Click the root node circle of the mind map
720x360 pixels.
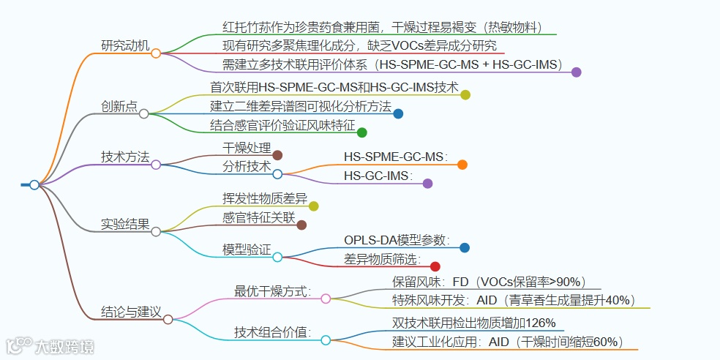click(34, 185)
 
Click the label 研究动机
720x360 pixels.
click(124, 45)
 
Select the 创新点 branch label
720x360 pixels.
click(119, 106)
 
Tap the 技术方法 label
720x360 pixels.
click(124, 157)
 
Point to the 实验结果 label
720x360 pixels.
click(124, 224)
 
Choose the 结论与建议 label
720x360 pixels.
click(130, 312)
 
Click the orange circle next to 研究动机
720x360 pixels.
click(156, 53)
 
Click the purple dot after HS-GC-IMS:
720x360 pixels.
click(427, 184)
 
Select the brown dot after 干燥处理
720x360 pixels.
click(277, 154)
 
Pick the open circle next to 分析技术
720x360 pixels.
click(277, 174)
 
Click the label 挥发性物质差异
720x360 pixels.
click(265, 198)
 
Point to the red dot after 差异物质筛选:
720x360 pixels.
click(435, 266)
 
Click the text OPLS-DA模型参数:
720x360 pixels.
click(397, 240)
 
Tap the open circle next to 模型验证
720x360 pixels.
click(277, 257)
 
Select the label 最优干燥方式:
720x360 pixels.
click(273, 290)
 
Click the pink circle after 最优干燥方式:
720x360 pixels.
click(326, 299)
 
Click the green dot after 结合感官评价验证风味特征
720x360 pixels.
click(361, 132)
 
